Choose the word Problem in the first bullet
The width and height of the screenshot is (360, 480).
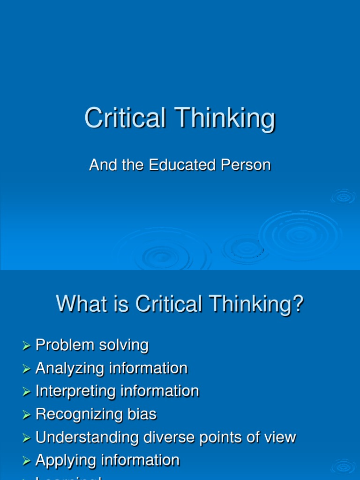[x=65, y=345]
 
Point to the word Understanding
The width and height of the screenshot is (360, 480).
[x=81, y=438]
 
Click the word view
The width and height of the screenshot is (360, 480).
[x=280, y=437]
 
